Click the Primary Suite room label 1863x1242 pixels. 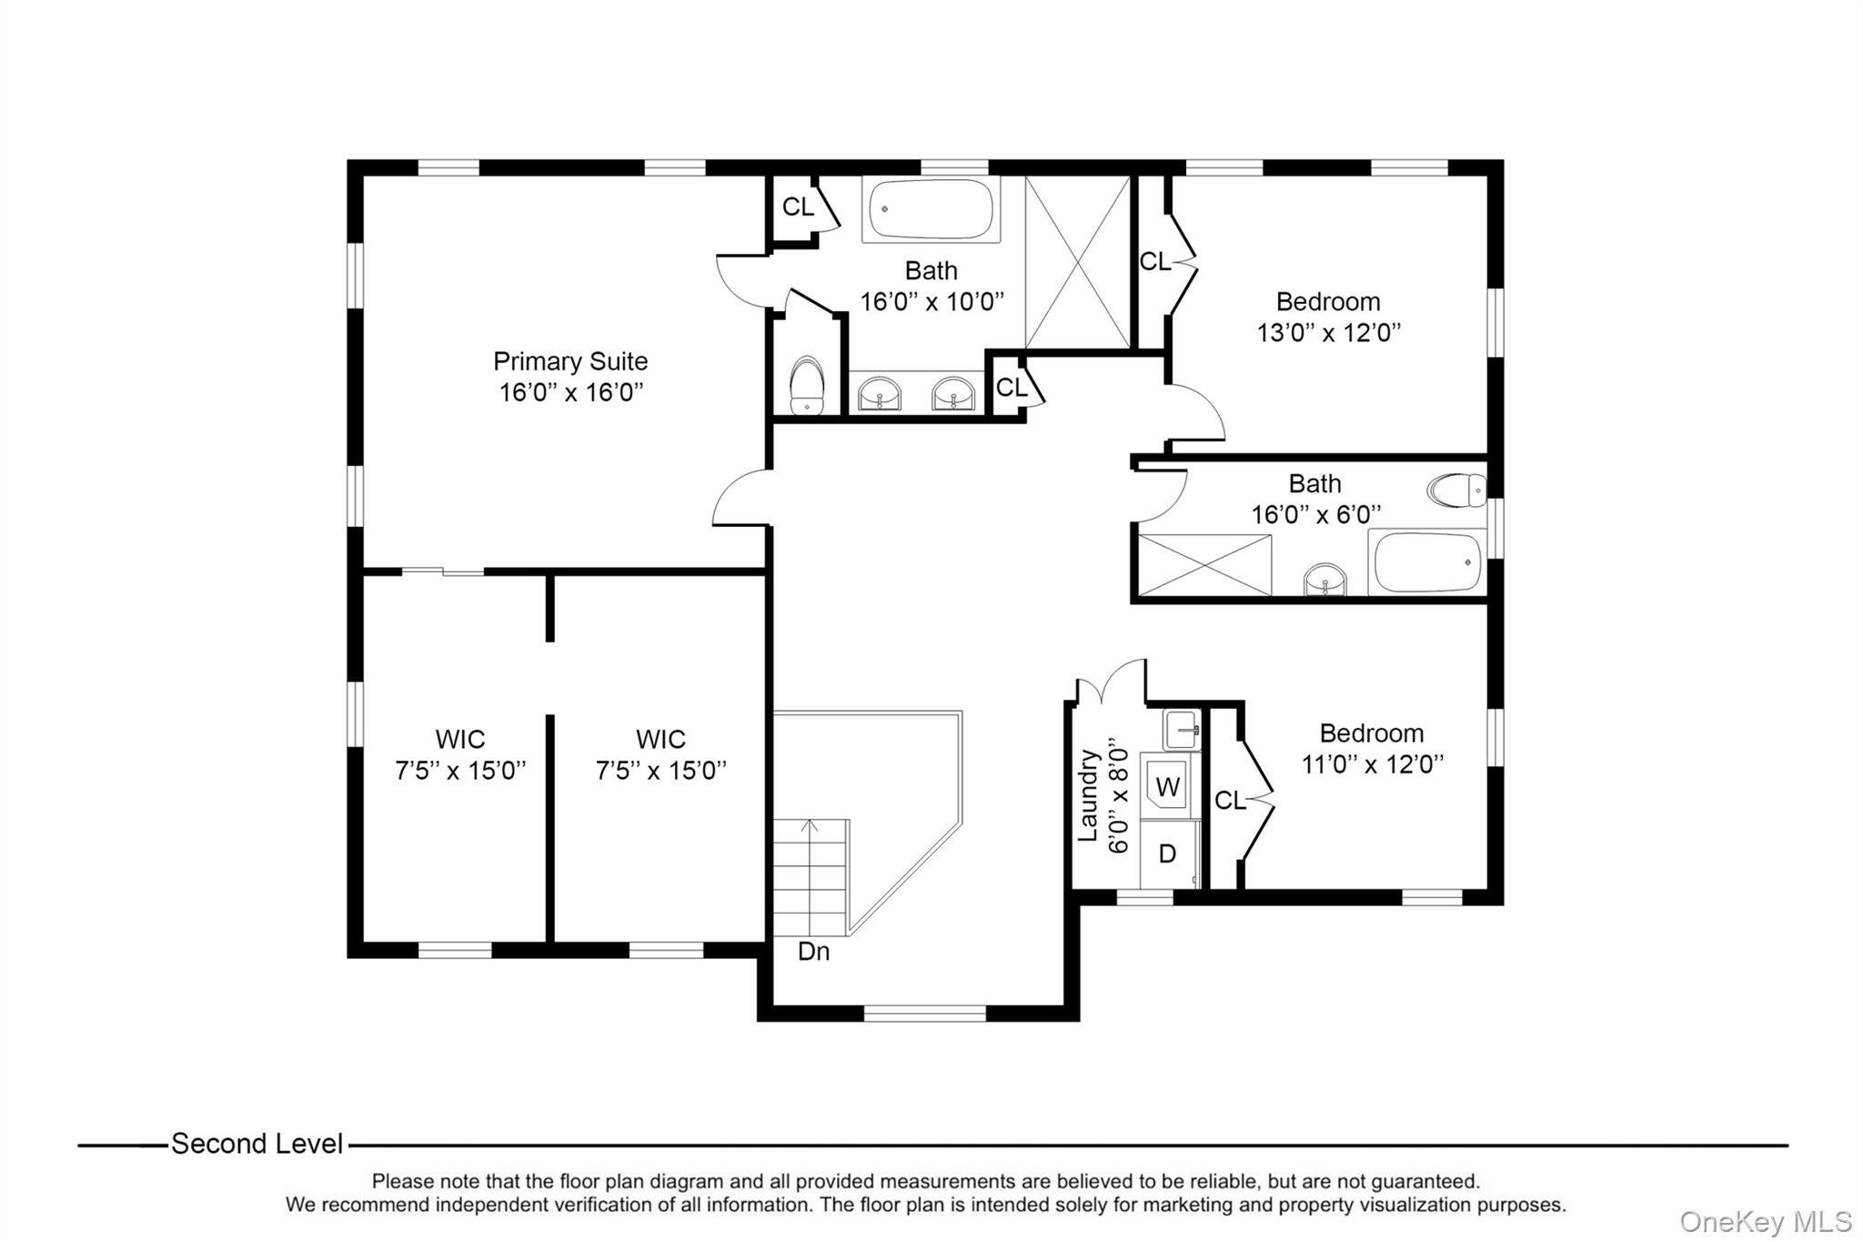[570, 361]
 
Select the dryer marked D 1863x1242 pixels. [1167, 853]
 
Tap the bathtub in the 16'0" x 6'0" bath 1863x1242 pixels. [1426, 562]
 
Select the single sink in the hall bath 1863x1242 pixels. [1324, 580]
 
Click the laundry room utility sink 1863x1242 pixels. [1182, 730]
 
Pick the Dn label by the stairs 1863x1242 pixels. [813, 952]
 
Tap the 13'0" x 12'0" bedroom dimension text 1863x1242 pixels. [1328, 333]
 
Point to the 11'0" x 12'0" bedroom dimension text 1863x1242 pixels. [1372, 764]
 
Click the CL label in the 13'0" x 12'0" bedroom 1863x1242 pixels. [1155, 262]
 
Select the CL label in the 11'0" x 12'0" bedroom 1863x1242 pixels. [1230, 801]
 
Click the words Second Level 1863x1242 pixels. [257, 1144]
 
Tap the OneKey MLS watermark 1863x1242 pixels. [1766, 1221]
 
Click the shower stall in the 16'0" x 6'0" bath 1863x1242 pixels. [1204, 565]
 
